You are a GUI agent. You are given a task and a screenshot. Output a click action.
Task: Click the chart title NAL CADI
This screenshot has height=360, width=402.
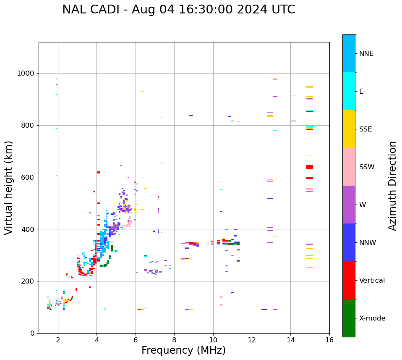pos(178,10)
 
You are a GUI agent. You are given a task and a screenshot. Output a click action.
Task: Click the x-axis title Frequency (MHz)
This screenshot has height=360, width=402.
pos(183,350)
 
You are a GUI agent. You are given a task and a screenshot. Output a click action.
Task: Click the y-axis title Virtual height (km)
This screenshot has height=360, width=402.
pos(9,187)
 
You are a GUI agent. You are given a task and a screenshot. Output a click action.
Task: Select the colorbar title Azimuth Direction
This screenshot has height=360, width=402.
pos(392,186)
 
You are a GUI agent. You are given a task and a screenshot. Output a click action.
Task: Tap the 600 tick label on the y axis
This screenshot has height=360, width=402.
pos(28,177)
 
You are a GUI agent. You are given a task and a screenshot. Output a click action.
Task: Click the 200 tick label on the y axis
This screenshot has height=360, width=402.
pos(28,281)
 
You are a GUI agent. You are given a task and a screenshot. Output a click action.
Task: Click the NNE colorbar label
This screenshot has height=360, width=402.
pos(366,54)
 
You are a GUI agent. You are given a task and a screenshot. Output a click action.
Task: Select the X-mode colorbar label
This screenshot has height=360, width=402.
pos(372,318)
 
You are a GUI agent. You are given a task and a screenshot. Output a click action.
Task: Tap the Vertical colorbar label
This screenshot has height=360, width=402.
pos(372,281)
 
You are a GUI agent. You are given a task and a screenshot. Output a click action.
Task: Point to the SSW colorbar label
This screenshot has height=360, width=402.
pos(367,167)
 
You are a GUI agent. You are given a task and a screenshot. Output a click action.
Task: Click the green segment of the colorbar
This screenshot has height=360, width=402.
pos(349,318)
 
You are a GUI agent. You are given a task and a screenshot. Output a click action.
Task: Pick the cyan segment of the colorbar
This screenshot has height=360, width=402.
pos(349,91)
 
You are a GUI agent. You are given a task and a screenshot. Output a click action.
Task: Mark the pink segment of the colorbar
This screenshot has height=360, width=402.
pos(349,167)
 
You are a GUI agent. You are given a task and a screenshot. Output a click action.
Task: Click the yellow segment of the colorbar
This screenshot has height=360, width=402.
pos(349,129)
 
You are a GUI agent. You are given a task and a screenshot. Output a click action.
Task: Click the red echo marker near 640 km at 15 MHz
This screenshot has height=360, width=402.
pos(310,167)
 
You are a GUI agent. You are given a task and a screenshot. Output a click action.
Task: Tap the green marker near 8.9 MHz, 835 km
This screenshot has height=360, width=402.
pos(191,116)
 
